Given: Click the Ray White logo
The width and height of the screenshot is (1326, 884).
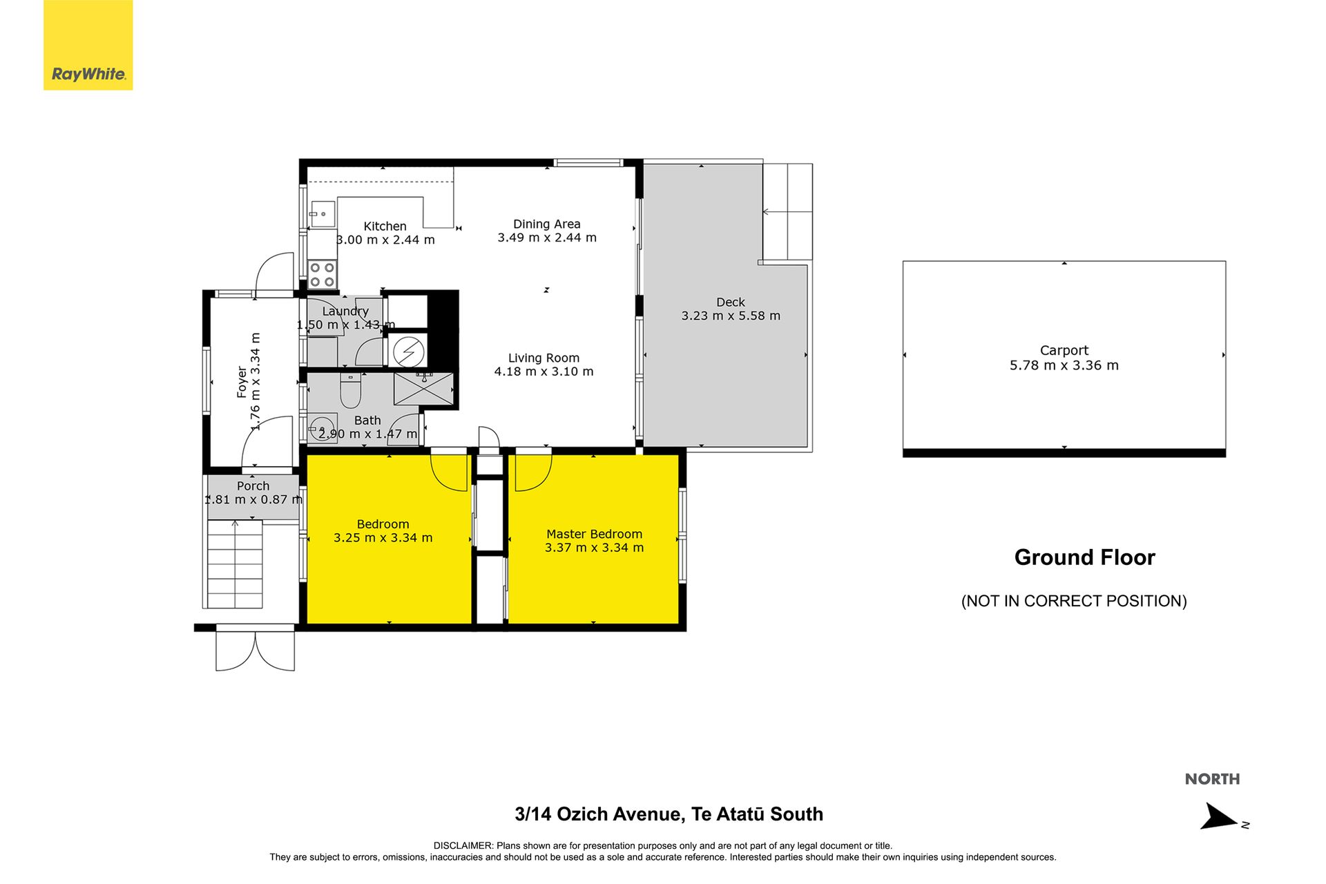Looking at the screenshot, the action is pyautogui.click(x=88, y=45).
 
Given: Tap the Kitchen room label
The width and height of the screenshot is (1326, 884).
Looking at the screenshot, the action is pyautogui.click(x=385, y=227).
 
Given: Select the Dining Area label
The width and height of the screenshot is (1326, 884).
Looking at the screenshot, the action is pyautogui.click(x=547, y=224).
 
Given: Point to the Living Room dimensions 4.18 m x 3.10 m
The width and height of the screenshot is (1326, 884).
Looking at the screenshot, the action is pyautogui.click(x=544, y=372).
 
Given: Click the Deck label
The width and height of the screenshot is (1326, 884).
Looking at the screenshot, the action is pyautogui.click(x=731, y=302).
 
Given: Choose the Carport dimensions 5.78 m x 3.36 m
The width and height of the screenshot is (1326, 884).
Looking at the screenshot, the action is pyautogui.click(x=1064, y=365).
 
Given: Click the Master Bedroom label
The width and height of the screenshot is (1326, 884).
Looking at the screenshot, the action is pyautogui.click(x=594, y=534).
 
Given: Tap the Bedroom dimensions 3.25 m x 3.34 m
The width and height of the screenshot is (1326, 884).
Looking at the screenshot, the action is pyautogui.click(x=383, y=538).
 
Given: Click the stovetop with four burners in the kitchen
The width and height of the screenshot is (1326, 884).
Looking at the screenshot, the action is pyautogui.click(x=323, y=273).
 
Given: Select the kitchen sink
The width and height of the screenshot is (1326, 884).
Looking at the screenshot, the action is pyautogui.click(x=322, y=214).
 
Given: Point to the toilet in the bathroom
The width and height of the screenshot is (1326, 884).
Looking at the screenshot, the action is pyautogui.click(x=350, y=390).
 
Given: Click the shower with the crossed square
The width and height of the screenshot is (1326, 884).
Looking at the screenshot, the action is pyautogui.click(x=423, y=388).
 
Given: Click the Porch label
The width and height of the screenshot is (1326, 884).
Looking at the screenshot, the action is pyautogui.click(x=253, y=486).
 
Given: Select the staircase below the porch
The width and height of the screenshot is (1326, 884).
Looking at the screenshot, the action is pyautogui.click(x=235, y=564).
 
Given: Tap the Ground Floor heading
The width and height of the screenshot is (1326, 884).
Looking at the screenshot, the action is pyautogui.click(x=1084, y=557).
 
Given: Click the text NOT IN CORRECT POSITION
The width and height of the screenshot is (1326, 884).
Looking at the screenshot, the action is pyautogui.click(x=1074, y=601).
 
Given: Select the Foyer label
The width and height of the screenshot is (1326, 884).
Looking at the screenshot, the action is pyautogui.click(x=242, y=382).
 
